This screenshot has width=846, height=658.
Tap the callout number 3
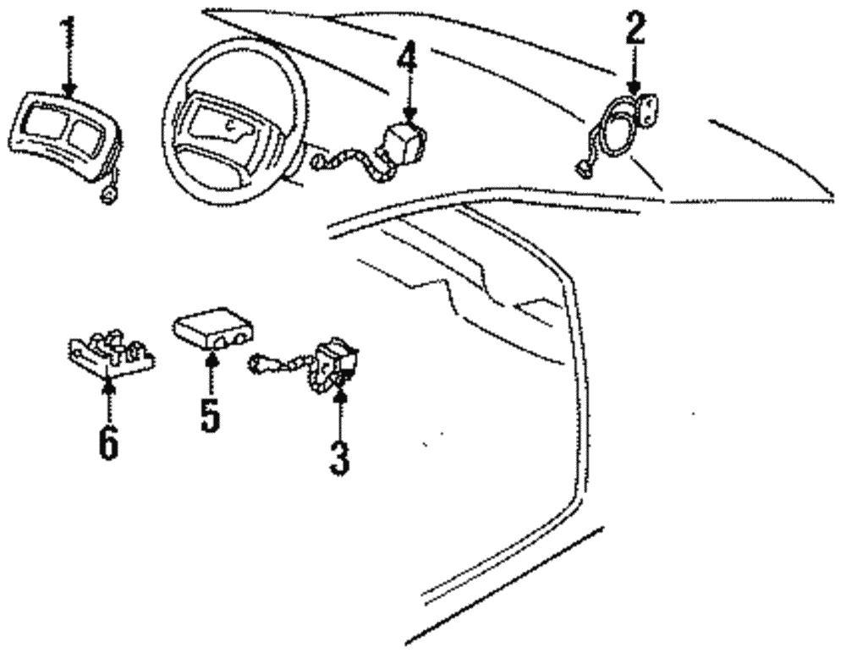click(338, 456)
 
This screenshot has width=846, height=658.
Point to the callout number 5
click(210, 414)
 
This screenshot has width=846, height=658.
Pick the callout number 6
click(108, 442)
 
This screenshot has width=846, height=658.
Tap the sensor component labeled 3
click(336, 359)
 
